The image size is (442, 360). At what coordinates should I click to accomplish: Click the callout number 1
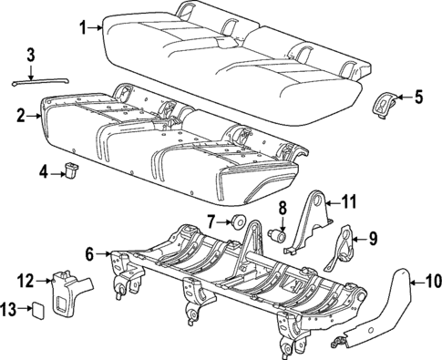click(x=84, y=27)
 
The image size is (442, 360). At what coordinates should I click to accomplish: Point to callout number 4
click(x=44, y=170)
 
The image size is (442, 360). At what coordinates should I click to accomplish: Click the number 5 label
click(x=418, y=96)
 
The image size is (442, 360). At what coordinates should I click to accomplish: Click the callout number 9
click(x=372, y=240)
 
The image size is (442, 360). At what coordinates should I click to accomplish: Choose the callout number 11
click(x=350, y=201)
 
